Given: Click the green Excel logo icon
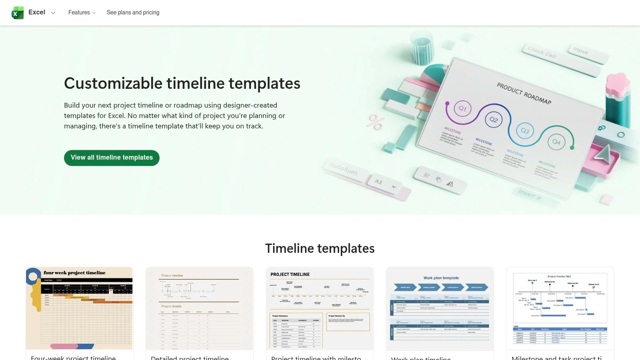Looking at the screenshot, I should pyautogui.click(x=18, y=13).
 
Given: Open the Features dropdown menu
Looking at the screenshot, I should pyautogui.click(x=82, y=13).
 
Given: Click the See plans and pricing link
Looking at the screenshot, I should pyautogui.click(x=133, y=13).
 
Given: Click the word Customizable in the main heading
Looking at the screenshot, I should pyautogui.click(x=113, y=84).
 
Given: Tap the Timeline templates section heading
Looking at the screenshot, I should pyautogui.click(x=320, y=248).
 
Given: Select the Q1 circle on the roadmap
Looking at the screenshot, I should pyautogui.click(x=462, y=108).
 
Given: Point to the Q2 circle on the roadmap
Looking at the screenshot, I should pyautogui.click(x=494, y=120).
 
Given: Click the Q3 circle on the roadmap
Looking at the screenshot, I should pyautogui.click(x=525, y=131).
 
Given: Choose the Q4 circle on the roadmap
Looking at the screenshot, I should pyautogui.click(x=556, y=142).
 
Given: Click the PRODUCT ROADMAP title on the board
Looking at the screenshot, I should pyautogui.click(x=524, y=93).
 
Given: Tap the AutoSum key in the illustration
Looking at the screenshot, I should pyautogui.click(x=343, y=169).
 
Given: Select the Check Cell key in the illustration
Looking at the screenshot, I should pyautogui.click(x=542, y=52).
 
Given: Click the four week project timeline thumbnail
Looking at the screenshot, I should pyautogui.click(x=80, y=308).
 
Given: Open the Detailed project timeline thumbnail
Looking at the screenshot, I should pyautogui.click(x=200, y=308).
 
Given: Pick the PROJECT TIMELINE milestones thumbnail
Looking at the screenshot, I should pyautogui.click(x=320, y=308).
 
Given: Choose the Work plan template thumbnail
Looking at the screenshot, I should pyautogui.click(x=440, y=308).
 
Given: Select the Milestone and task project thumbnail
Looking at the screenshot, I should pyautogui.click(x=560, y=308).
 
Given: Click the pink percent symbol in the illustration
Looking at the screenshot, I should pyautogui.click(x=376, y=122).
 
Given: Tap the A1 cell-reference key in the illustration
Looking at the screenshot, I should pyautogui.click(x=378, y=182).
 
